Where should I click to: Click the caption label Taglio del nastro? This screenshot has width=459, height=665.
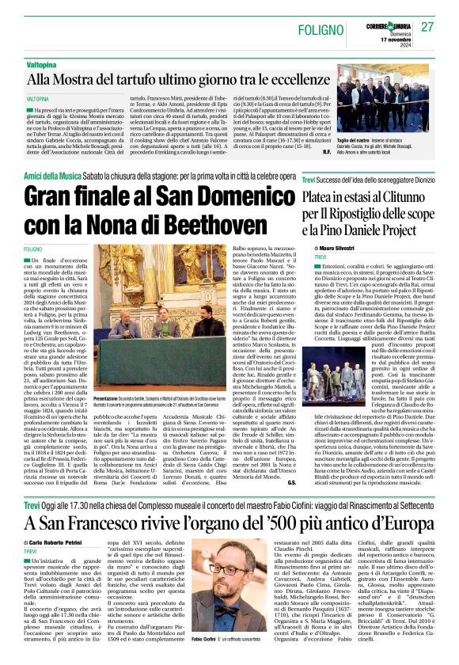pos(377,139)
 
